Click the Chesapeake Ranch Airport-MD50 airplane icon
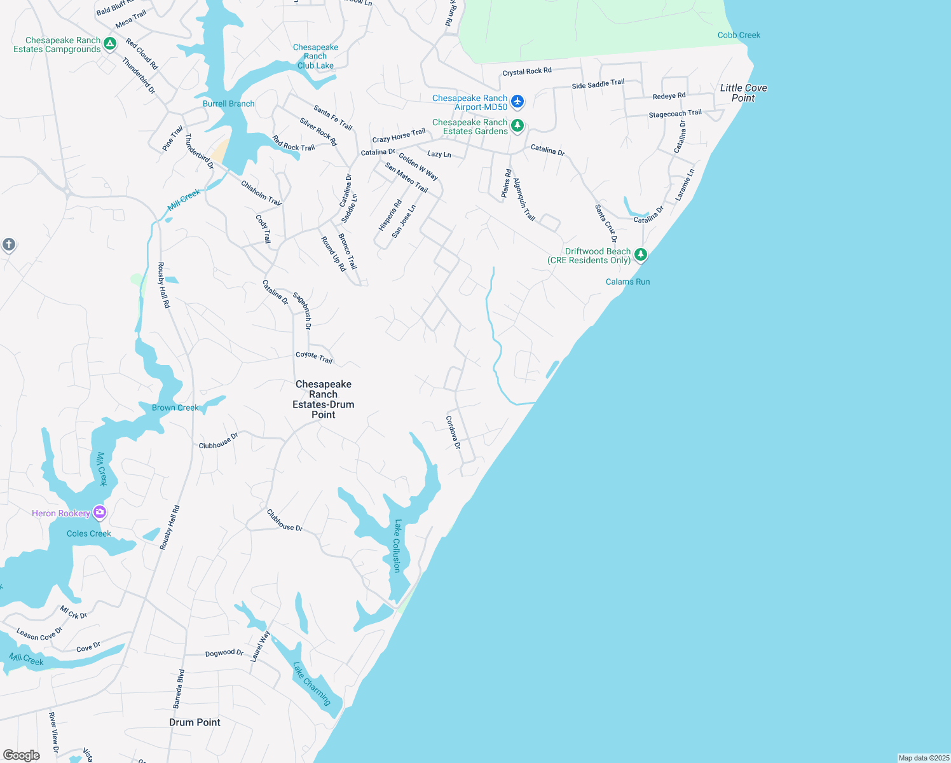coord(517,101)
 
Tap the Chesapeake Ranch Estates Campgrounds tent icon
coord(110,44)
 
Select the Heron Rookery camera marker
coord(99,512)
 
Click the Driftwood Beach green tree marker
coord(641,255)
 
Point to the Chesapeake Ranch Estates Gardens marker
coord(517,125)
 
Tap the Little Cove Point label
coord(743,93)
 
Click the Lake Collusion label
coord(398,546)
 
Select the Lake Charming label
coord(312,684)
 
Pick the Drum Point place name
coord(195,722)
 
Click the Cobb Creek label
coord(739,35)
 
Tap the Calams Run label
coord(627,282)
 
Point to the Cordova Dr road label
coord(453,432)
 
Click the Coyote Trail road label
coord(314,357)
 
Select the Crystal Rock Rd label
coord(527,71)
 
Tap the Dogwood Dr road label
coord(224,653)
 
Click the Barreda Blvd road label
coord(179,689)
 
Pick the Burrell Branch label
coord(228,104)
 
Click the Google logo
coord(21,755)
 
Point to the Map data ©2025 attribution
coord(924,758)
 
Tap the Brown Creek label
coord(175,408)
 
